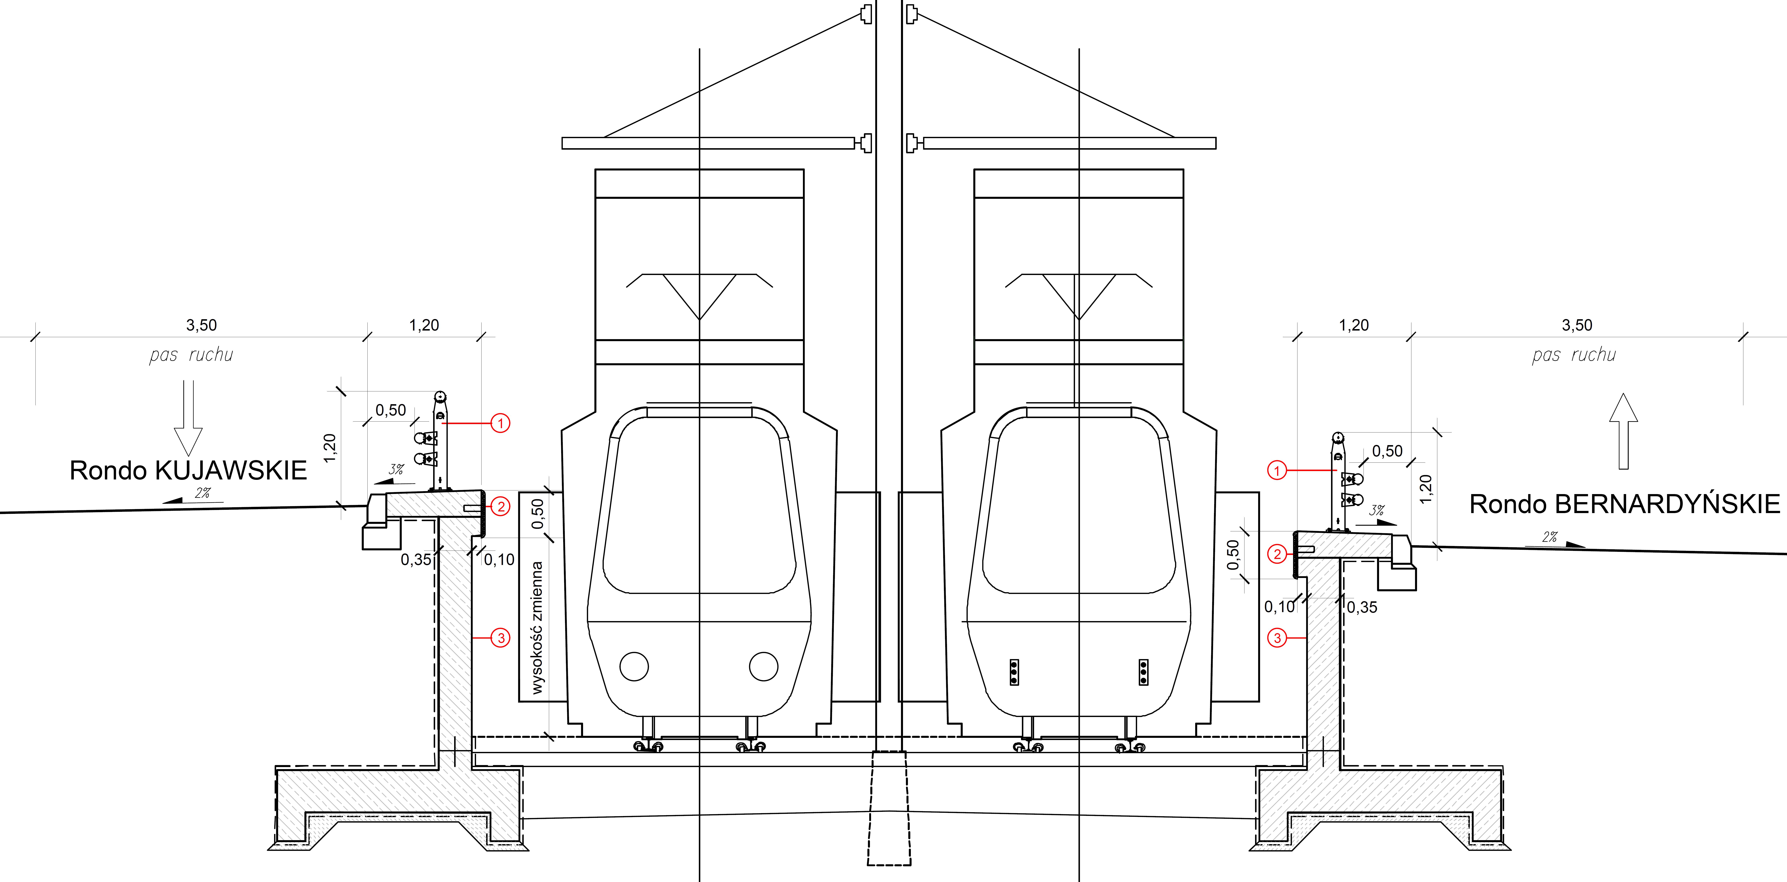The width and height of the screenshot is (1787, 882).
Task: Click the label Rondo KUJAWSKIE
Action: (x=188, y=471)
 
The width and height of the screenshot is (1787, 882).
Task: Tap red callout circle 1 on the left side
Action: (x=500, y=423)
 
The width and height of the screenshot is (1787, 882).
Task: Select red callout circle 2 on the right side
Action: (x=1277, y=554)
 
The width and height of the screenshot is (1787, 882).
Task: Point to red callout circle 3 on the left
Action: (x=500, y=638)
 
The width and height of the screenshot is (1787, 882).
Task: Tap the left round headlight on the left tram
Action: (x=634, y=666)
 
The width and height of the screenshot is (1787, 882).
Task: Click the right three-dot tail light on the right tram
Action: (x=1143, y=672)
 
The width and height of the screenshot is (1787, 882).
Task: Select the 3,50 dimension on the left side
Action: (x=201, y=325)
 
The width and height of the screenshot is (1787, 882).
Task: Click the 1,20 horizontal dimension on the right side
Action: (x=1353, y=325)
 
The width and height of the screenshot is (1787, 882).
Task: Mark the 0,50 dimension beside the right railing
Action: (x=1387, y=451)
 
